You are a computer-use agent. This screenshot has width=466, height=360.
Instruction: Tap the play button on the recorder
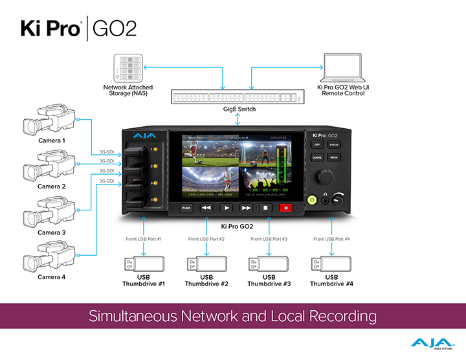pyautogui.click(x=227, y=208)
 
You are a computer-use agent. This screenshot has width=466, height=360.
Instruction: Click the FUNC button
pyautogui.click(x=186, y=208)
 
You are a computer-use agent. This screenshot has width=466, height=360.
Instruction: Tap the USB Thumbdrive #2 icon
pyautogui.click(x=206, y=264)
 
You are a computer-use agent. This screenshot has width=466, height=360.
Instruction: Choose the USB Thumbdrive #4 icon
pyautogui.click(x=331, y=264)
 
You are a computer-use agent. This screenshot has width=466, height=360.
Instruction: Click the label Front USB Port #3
pyautogui.click(x=269, y=240)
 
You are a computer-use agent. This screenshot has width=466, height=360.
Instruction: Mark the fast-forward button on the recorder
pyautogui.click(x=247, y=208)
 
